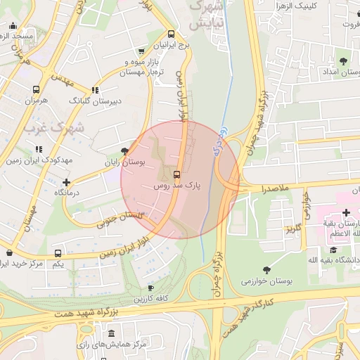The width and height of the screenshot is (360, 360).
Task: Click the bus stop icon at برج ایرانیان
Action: (x=171, y=34)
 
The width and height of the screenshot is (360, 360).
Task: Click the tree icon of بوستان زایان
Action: (x=125, y=151)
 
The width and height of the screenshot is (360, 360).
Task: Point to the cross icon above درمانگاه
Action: (x=67, y=182)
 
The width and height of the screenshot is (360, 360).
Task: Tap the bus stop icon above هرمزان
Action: (x=36, y=90)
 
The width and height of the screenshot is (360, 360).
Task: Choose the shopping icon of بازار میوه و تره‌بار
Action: (x=141, y=51)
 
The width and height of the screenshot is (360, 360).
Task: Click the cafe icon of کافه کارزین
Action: (x=150, y=288)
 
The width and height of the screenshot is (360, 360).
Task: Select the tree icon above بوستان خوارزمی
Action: (x=266, y=270)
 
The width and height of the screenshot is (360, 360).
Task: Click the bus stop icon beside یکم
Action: (x=58, y=253)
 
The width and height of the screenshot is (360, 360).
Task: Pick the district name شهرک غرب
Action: (x=53, y=129)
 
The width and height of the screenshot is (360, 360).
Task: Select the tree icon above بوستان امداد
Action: (x=343, y=61)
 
